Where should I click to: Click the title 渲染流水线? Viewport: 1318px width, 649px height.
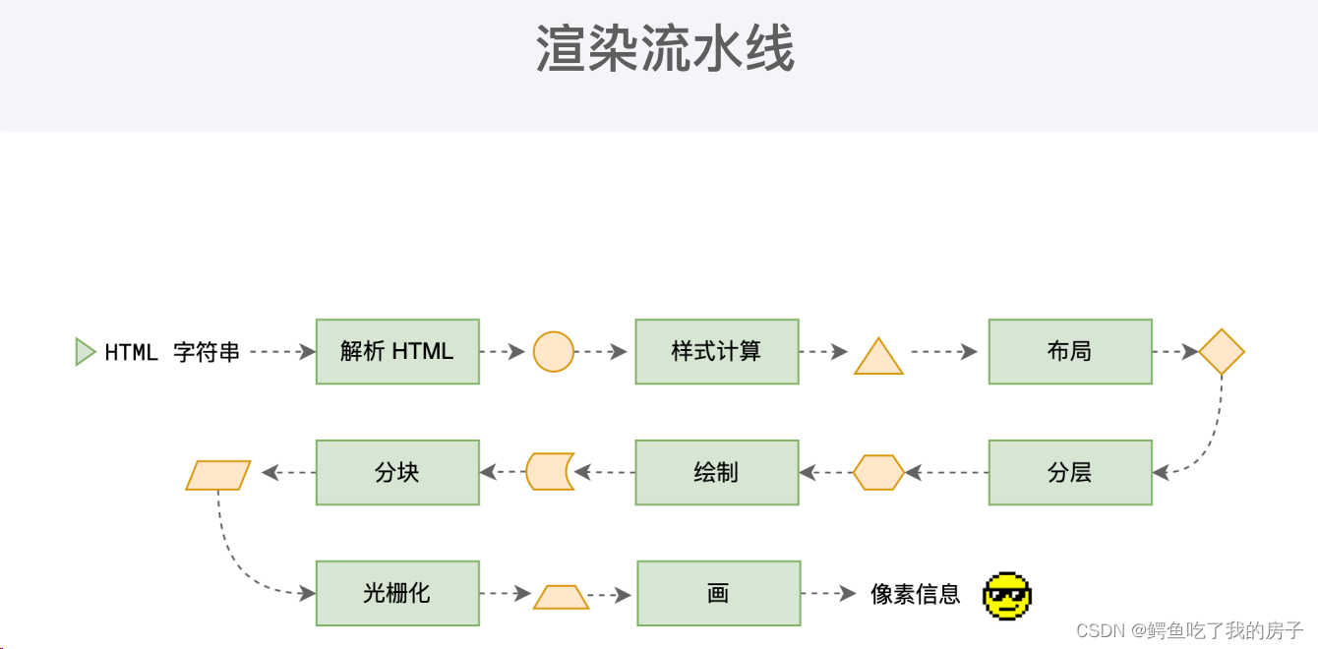tap(665, 49)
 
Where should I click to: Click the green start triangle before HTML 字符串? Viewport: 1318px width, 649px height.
tap(85, 352)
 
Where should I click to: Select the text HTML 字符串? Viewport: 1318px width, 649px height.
tap(172, 352)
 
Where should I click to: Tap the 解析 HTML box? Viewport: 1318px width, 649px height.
tap(397, 351)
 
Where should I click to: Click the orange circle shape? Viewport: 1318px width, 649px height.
tap(554, 351)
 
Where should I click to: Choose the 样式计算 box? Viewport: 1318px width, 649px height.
tap(716, 351)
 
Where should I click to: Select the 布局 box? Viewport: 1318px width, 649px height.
tap(1070, 351)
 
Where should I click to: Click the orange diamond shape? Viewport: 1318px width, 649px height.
tap(1222, 352)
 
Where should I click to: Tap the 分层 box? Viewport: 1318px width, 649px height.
tap(1070, 472)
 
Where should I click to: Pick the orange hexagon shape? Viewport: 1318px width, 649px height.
tap(878, 472)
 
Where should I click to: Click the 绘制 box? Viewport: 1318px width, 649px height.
tap(716, 472)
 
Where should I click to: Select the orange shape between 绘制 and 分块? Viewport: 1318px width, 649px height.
tap(549, 472)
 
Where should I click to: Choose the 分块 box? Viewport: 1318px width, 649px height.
tap(397, 472)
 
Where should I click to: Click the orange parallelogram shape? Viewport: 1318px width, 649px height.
tap(218, 476)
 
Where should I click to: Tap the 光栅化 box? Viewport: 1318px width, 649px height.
tap(397, 593)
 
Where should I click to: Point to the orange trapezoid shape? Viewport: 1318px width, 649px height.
tap(561, 597)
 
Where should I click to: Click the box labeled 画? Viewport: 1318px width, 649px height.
tap(718, 593)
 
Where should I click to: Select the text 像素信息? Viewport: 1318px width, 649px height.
tap(915, 594)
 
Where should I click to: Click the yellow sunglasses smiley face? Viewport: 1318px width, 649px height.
tap(1007, 596)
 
